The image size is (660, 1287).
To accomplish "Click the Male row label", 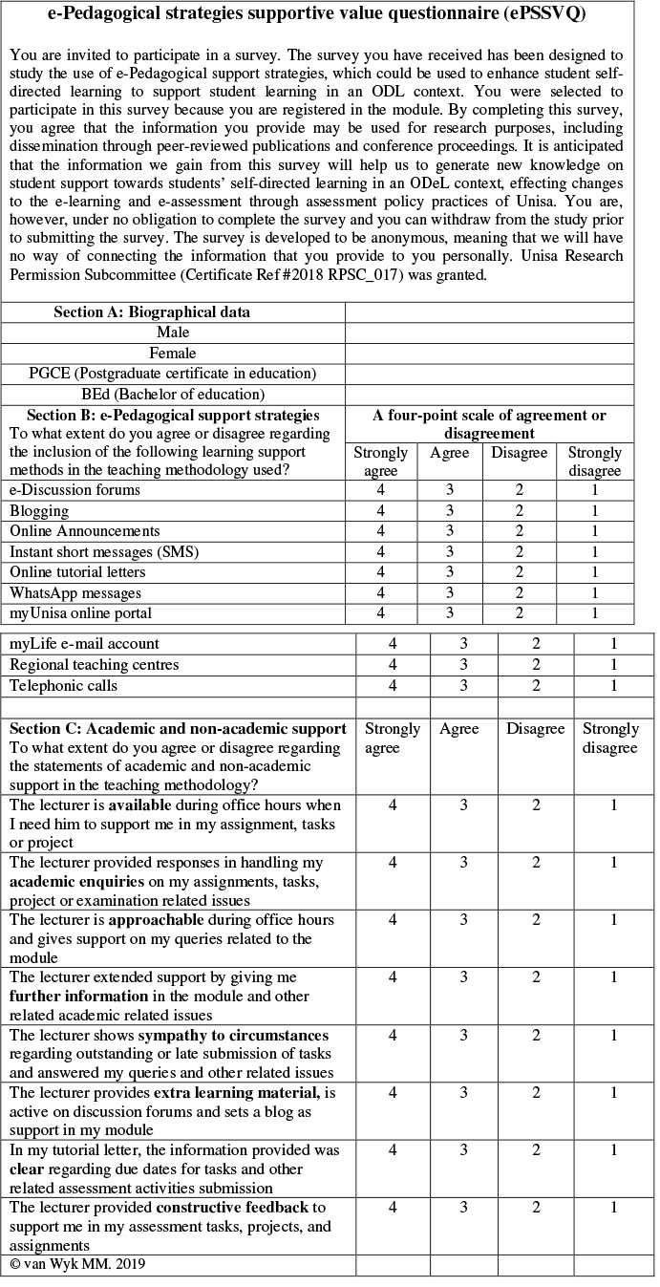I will tap(173, 332).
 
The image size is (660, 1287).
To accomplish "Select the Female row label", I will tap(173, 353).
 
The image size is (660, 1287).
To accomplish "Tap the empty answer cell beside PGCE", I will tap(489, 374).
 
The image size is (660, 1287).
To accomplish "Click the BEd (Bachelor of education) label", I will tap(173, 394).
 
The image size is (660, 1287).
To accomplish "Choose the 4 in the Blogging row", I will tap(381, 511).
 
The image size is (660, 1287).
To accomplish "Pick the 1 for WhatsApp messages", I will tap(594, 593).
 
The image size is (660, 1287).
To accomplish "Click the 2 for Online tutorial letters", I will tap(520, 572).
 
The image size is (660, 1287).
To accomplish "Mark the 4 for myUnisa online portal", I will tap(381, 613).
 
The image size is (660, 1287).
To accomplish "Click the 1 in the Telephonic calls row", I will tap(614, 686).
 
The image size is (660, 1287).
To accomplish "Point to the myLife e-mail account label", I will tap(85, 644).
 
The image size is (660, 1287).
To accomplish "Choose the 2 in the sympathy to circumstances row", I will tap(537, 1035).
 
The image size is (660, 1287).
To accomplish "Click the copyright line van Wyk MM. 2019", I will tap(77, 1264).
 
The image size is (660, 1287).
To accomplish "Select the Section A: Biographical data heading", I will tap(153, 312).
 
